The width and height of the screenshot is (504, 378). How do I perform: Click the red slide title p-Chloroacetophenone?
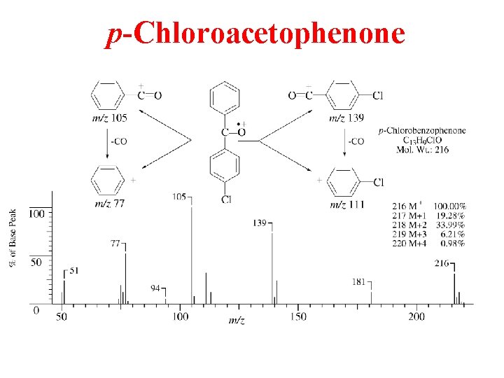[255, 34]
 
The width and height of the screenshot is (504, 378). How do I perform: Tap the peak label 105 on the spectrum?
[179, 197]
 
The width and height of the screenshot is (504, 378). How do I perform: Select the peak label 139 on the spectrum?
[260, 223]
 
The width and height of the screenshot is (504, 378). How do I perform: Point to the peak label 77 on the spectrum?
[115, 244]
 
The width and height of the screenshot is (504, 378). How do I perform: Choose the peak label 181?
[359, 282]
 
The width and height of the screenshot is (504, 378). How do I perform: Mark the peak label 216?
[442, 263]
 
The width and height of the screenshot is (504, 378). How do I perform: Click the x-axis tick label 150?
[297, 317]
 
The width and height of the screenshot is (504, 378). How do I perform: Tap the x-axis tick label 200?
[416, 317]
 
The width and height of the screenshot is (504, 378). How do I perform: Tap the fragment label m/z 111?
[346, 204]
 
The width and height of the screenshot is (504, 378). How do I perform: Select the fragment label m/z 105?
[109, 118]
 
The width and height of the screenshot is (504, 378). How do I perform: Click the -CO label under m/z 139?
[356, 141]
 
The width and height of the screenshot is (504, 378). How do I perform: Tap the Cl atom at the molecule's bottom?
[226, 199]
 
